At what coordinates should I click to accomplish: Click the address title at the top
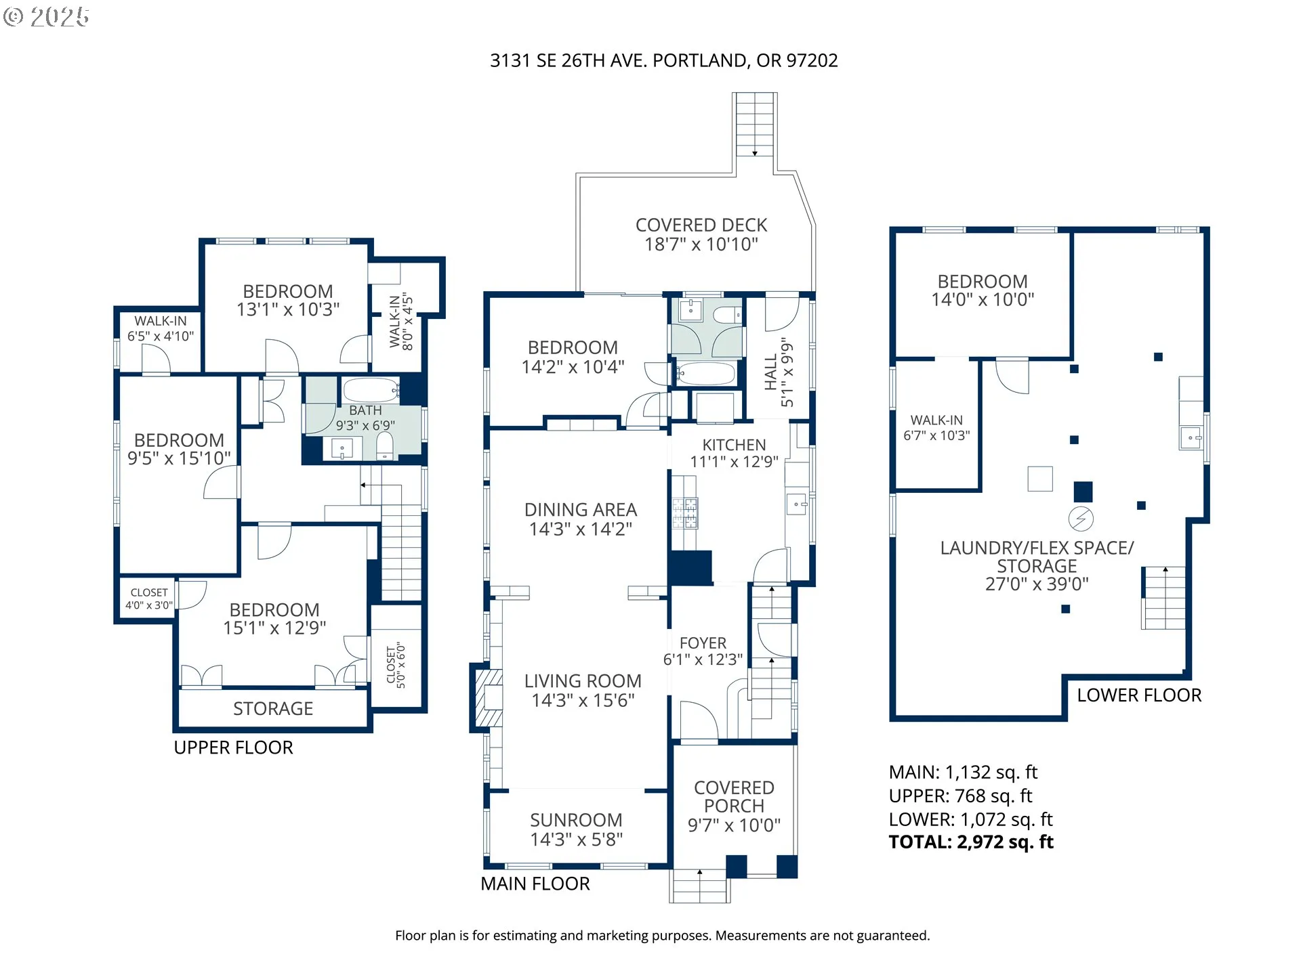(663, 61)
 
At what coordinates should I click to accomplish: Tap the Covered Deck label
(701, 225)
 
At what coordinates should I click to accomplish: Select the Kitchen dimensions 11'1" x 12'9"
(734, 462)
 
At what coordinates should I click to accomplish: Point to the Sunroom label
(576, 821)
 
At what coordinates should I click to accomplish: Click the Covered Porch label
(734, 797)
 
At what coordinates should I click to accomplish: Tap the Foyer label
(703, 643)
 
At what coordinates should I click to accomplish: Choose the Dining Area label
(581, 510)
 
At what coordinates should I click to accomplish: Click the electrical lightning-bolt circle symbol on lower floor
(1081, 519)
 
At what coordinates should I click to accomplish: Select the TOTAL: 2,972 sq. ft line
(971, 842)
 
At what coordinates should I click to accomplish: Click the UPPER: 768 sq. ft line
(960, 796)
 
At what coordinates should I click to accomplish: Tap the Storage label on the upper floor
(273, 709)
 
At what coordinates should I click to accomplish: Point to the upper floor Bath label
(365, 411)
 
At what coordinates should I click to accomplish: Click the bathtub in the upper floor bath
(370, 391)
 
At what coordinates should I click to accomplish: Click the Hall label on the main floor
(771, 372)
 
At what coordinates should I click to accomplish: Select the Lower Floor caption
(1139, 695)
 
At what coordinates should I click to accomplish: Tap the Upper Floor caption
(233, 747)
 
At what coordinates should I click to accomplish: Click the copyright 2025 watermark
(46, 17)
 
